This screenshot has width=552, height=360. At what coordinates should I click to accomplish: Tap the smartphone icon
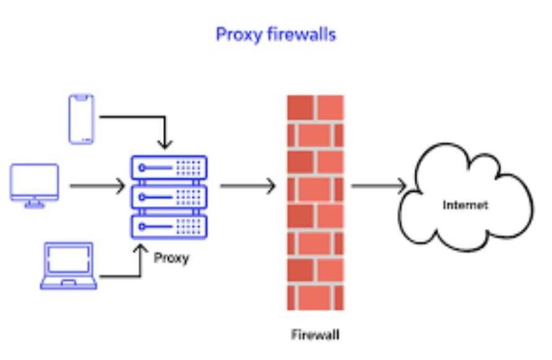(x=81, y=119)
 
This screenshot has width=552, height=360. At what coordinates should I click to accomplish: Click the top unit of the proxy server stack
(x=168, y=167)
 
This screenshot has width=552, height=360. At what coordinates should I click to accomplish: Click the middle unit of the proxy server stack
(x=168, y=196)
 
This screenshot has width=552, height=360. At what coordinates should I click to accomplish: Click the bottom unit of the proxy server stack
(x=168, y=225)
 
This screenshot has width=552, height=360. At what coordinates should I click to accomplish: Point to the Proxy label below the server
(x=171, y=258)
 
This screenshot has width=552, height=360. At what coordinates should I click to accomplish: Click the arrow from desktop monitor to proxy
(x=96, y=186)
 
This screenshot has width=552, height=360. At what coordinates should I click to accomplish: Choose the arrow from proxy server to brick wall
(x=247, y=186)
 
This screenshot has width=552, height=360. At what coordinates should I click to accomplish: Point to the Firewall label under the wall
(x=316, y=335)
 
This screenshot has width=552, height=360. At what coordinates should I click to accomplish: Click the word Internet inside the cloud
(x=465, y=205)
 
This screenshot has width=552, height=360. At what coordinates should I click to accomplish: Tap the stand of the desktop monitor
(x=35, y=203)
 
